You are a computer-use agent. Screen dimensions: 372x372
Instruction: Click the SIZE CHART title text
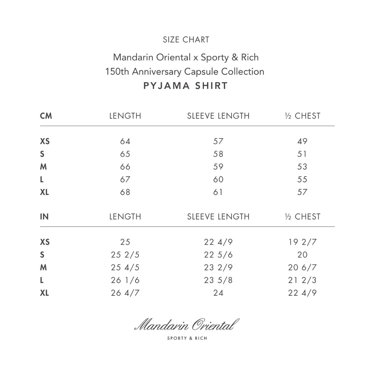pyautogui.click(x=186, y=40)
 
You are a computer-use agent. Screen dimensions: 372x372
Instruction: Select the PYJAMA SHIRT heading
pyautogui.click(x=186, y=86)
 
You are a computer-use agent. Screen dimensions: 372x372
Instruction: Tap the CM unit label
pyautogui.click(x=46, y=116)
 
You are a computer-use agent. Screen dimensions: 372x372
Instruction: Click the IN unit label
pyautogui.click(x=44, y=217)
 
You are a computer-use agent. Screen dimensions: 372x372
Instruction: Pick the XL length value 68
pyautogui.click(x=125, y=192)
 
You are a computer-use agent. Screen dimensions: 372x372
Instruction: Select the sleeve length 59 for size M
pyautogui.click(x=218, y=167)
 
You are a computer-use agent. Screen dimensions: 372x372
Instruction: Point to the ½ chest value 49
pyautogui.click(x=302, y=141)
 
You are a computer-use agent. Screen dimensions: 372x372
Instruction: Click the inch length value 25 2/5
pyautogui.click(x=125, y=255)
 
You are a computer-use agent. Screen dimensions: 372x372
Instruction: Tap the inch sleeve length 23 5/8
pyautogui.click(x=218, y=280)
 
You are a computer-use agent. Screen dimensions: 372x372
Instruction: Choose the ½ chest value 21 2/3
pyautogui.click(x=302, y=280)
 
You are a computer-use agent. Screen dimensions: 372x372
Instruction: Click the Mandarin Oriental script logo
pyautogui.click(x=187, y=325)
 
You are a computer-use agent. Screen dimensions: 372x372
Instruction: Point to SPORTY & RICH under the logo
pyautogui.click(x=187, y=338)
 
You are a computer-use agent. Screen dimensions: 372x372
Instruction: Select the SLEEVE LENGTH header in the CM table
pyautogui.click(x=218, y=116)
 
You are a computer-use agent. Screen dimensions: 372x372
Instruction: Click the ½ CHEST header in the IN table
pyautogui.click(x=302, y=217)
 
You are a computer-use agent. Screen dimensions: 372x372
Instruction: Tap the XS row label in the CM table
pyautogui.click(x=45, y=141)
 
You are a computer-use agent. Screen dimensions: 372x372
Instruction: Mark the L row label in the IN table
pyautogui.click(x=42, y=280)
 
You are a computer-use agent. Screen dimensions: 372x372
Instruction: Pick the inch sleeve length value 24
pyautogui.click(x=218, y=293)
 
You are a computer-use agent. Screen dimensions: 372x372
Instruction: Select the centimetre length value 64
pyautogui.click(x=125, y=141)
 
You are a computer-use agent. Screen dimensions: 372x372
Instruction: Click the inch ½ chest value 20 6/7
pyautogui.click(x=302, y=267)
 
